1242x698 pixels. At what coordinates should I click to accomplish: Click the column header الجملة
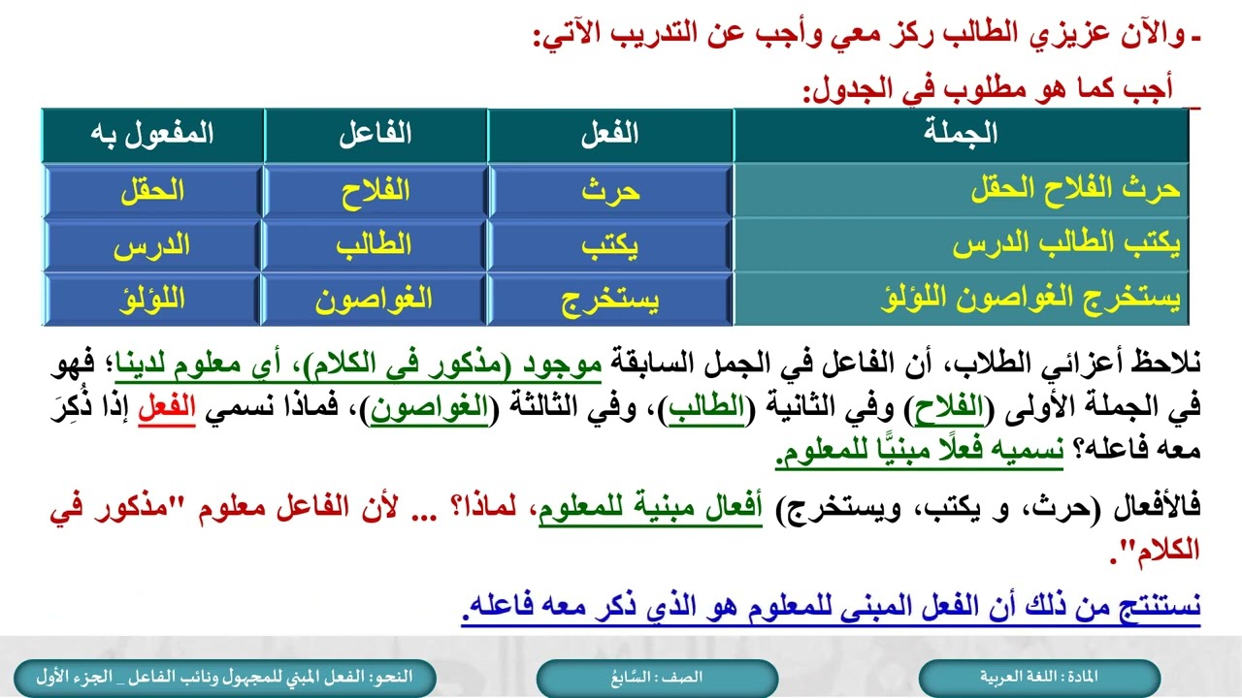(x=961, y=135)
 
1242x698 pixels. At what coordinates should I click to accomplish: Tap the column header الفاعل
(x=376, y=135)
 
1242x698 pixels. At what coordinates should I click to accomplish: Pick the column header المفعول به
(x=153, y=135)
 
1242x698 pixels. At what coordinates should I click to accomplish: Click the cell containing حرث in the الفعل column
(x=610, y=190)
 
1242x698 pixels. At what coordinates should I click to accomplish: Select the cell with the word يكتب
(x=610, y=245)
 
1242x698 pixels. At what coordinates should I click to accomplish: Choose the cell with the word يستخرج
(x=610, y=300)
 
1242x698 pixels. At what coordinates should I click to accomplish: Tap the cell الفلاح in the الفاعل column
(x=376, y=190)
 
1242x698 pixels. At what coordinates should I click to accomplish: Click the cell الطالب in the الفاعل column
(x=376, y=245)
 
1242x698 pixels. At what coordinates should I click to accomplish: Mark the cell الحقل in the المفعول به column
(x=153, y=190)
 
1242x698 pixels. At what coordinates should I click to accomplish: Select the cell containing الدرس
(x=153, y=245)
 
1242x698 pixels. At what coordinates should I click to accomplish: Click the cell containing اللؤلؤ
(x=153, y=300)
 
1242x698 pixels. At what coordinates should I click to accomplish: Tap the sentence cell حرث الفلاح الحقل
(x=1075, y=190)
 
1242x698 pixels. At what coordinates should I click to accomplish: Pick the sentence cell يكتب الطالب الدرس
(x=1065, y=245)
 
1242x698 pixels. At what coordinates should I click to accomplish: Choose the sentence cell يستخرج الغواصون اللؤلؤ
(x=1033, y=300)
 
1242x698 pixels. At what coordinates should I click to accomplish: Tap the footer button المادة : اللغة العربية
(x=1039, y=677)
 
